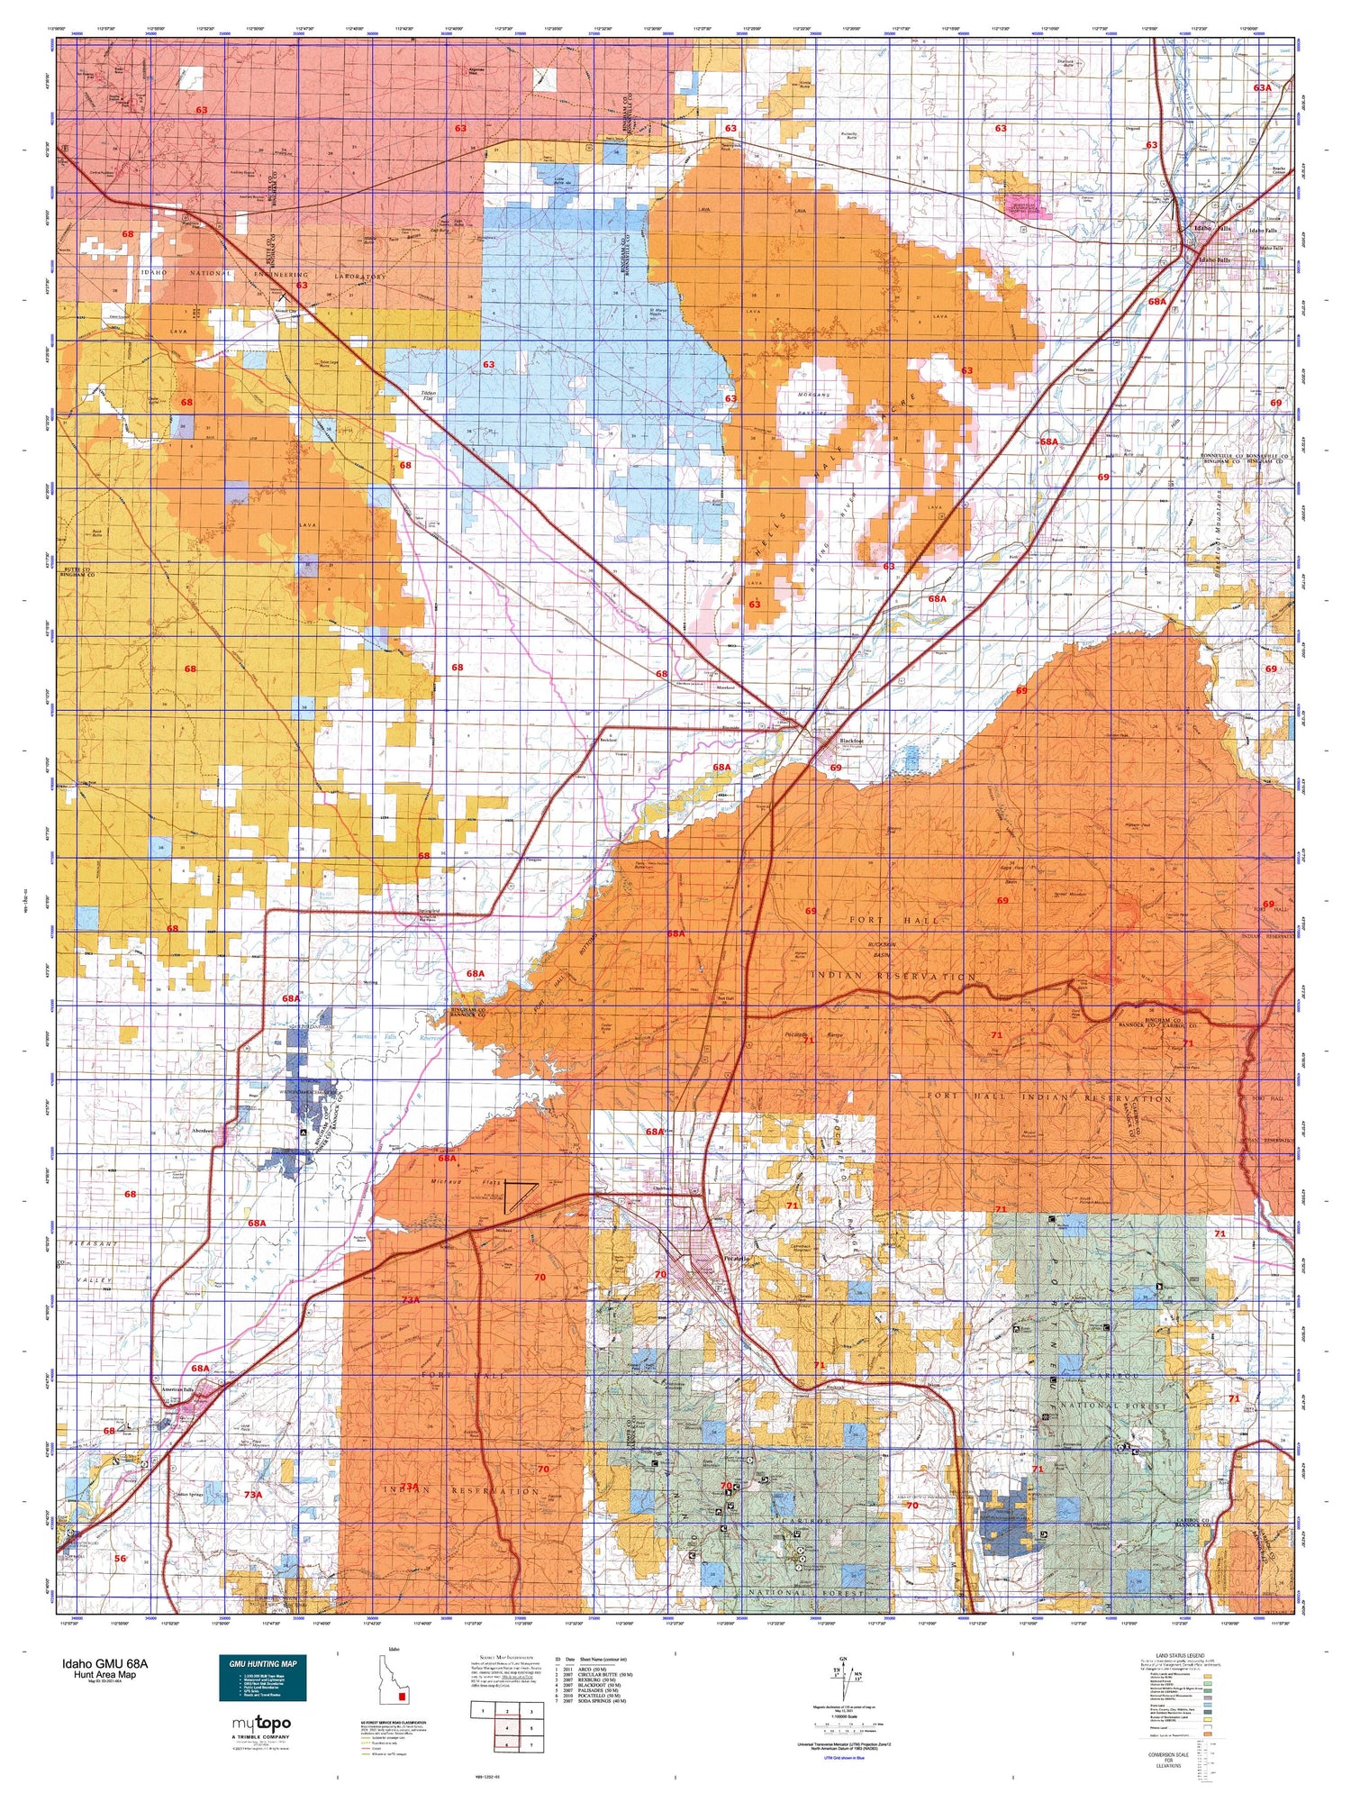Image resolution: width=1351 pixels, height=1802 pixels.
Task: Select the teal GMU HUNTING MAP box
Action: (x=263, y=1678)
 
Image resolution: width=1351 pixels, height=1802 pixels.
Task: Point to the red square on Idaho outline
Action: (x=403, y=1697)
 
